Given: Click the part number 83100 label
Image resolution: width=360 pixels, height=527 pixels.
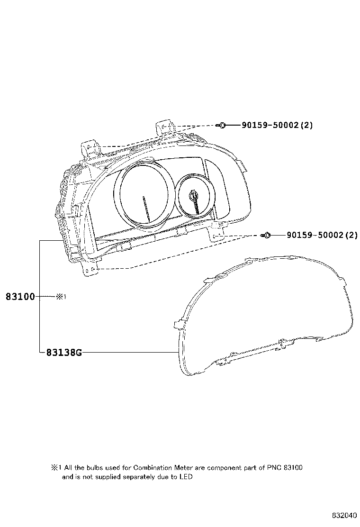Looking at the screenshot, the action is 20,297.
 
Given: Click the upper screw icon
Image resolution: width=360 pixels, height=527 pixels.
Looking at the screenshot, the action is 221,126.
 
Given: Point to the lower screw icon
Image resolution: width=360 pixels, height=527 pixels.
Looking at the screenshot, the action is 266,235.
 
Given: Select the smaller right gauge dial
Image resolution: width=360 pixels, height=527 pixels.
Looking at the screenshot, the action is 195,196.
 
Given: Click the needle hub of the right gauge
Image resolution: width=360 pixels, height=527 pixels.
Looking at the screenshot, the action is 193,194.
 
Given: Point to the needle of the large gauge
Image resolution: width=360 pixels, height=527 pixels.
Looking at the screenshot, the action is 146,209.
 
